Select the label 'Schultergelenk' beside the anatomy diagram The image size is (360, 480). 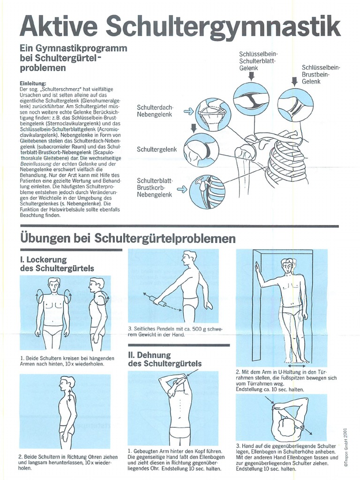(157, 150)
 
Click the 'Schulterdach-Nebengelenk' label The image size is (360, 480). (155, 111)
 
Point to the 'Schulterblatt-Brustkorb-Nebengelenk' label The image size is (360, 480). (155, 187)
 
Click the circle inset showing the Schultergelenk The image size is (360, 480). (201, 150)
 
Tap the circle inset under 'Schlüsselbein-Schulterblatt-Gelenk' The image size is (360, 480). (251, 100)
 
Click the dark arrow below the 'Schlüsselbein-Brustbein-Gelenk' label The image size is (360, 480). (294, 81)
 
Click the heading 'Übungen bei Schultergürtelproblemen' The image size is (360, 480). (127, 239)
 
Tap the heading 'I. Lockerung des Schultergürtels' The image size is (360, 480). (56, 264)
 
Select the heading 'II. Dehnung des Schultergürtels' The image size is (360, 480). (165, 359)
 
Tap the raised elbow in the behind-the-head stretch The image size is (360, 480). (164, 378)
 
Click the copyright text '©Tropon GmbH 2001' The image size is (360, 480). (345, 448)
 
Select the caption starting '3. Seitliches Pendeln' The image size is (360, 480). (174, 331)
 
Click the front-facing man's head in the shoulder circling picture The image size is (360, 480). (53, 285)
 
